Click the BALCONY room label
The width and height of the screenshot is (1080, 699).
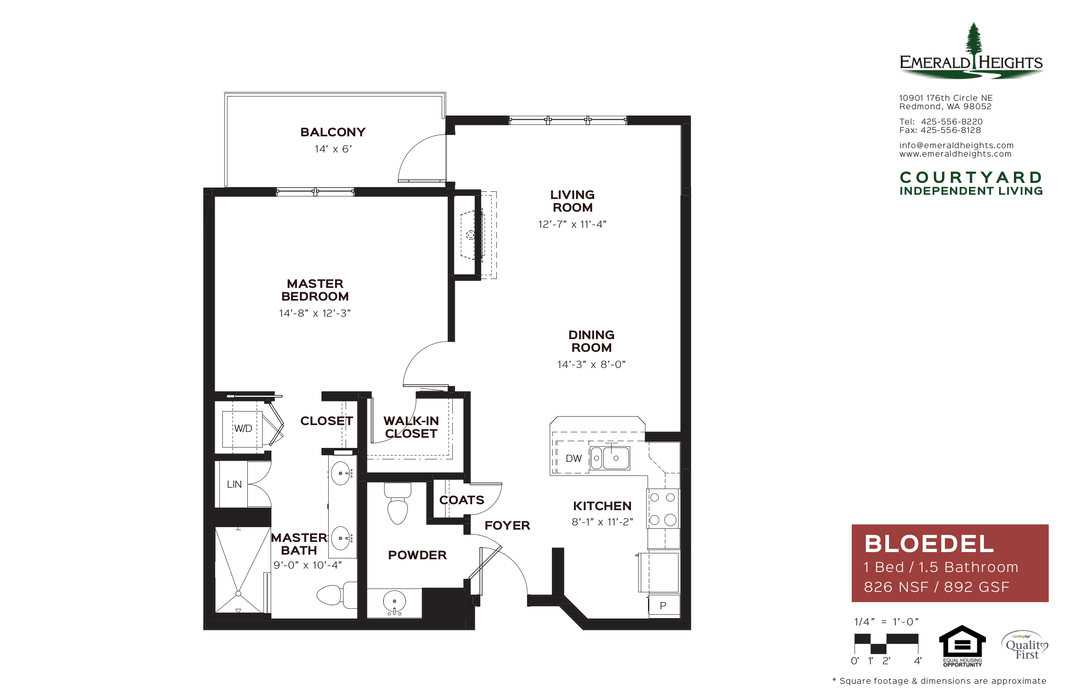point(332,132)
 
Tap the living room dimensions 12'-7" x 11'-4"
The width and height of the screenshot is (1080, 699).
point(572,224)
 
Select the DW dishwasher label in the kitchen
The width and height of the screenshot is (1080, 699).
point(573,459)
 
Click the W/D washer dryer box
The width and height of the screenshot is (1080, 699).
point(242,429)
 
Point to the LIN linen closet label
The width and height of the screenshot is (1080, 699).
point(234,484)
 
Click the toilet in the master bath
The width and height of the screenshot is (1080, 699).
point(336,595)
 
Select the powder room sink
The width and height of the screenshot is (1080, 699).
point(394,602)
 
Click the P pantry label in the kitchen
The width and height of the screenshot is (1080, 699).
point(663,605)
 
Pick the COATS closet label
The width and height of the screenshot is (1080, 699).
point(462,500)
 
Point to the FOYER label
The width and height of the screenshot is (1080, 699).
point(507,525)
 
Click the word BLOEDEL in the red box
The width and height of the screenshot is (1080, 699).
point(929,544)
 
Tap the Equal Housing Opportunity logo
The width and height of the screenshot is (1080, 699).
point(962,646)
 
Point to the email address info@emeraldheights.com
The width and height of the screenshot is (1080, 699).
point(956,145)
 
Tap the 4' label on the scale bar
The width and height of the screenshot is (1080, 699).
point(917,661)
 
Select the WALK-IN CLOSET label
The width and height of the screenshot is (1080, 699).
point(411,427)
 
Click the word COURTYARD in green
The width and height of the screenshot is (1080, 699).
point(971,177)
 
